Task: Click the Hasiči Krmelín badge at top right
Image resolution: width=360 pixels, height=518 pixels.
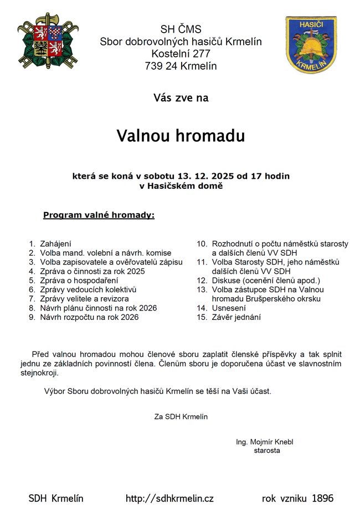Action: coord(311,44)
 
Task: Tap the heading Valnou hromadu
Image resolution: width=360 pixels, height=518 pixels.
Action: coord(181,136)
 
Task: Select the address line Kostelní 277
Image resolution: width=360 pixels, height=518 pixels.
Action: coord(181,54)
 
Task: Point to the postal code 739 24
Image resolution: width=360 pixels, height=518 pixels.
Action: coord(163,66)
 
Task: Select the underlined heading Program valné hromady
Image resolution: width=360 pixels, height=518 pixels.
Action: coord(99,215)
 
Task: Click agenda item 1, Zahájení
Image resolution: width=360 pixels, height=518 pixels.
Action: coord(55,244)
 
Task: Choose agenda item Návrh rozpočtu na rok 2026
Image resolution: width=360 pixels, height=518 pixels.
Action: coord(89,318)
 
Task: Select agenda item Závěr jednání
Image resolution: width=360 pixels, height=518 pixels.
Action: coord(236,318)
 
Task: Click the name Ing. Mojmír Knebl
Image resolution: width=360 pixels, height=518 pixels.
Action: coord(264,442)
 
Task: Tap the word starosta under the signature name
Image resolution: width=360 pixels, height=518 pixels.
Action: coord(266,450)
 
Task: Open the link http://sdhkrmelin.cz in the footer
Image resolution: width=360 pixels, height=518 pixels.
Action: coord(169,499)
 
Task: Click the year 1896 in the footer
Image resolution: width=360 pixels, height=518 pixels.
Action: coord(322,499)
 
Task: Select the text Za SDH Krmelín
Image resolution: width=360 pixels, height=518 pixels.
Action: coord(181,417)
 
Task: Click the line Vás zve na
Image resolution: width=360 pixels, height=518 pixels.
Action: coord(181,98)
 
